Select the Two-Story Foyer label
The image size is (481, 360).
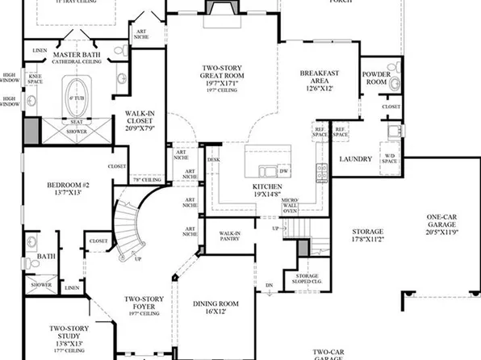point(145,303)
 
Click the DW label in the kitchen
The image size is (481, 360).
point(282,171)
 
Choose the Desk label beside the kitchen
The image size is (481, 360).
point(213,160)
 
